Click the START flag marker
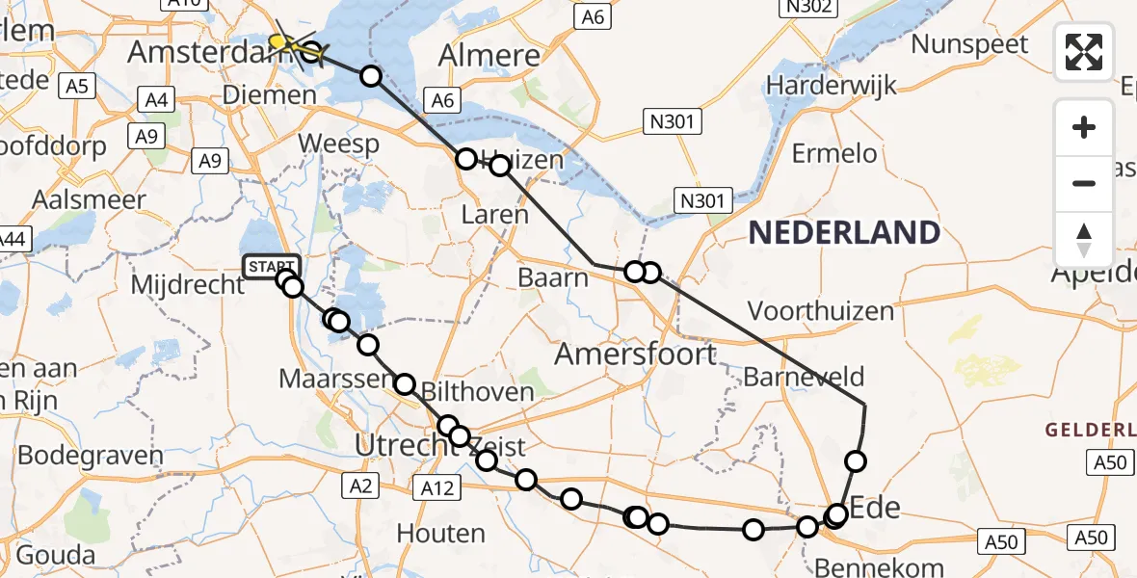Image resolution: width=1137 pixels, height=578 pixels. click(272, 266)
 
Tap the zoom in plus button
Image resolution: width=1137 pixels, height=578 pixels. click(1084, 127)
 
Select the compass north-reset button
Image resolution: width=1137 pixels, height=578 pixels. click(1084, 239)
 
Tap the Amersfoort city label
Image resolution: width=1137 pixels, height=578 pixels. click(635, 354)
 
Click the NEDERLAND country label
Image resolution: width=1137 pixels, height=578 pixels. click(844, 232)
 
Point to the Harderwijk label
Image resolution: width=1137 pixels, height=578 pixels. click(831, 86)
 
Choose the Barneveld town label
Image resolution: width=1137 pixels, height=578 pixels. click(804, 376)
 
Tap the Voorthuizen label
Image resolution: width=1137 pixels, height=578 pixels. click(821, 311)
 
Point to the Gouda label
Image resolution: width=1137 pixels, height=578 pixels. click(56, 555)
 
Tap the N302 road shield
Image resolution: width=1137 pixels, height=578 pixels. click(806, 8)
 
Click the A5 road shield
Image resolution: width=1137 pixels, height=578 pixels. click(77, 87)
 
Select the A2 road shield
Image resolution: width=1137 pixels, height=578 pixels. click(361, 487)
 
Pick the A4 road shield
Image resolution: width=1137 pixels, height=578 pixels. click(155, 98)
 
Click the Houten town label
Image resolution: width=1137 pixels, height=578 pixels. click(440, 533)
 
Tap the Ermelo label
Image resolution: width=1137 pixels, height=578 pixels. click(834, 153)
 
